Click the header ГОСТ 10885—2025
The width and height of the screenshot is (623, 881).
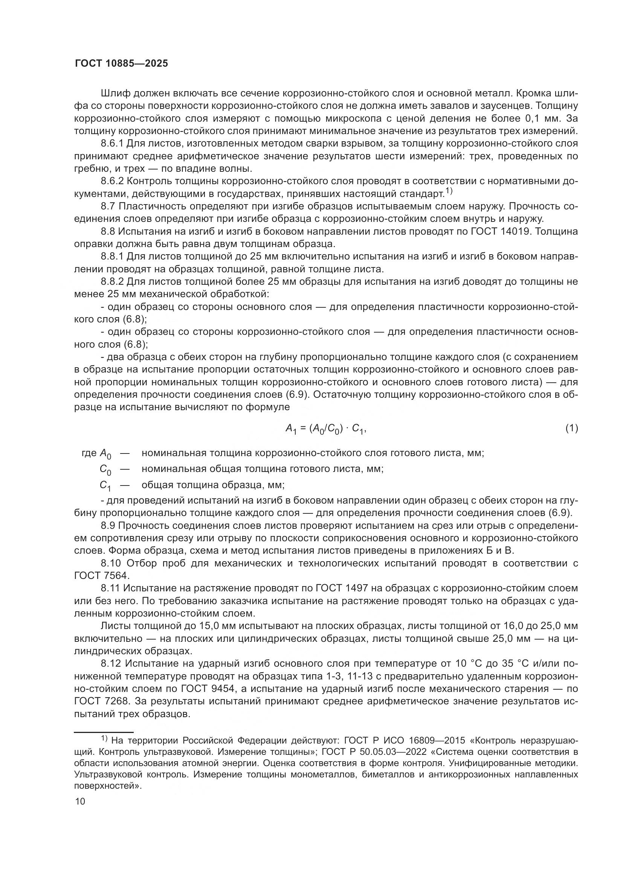pos(121,64)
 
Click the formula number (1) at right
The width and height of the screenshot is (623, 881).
pos(571,428)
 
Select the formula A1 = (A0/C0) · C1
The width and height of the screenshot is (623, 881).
pos(326,429)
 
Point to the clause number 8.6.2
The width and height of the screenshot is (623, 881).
pos(112,181)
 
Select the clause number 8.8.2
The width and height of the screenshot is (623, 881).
pos(112,282)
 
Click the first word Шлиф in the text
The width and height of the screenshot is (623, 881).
pos(116,94)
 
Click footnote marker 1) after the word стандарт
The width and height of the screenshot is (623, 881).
pos(449,191)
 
